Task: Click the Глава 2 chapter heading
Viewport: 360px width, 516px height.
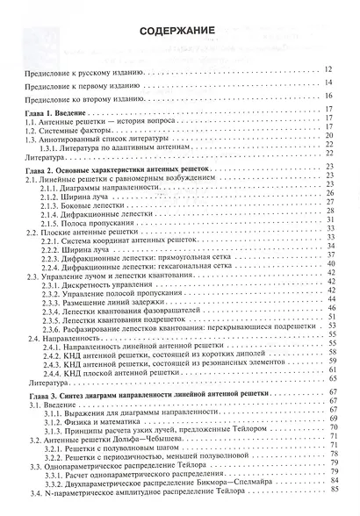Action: pos(123,168)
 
